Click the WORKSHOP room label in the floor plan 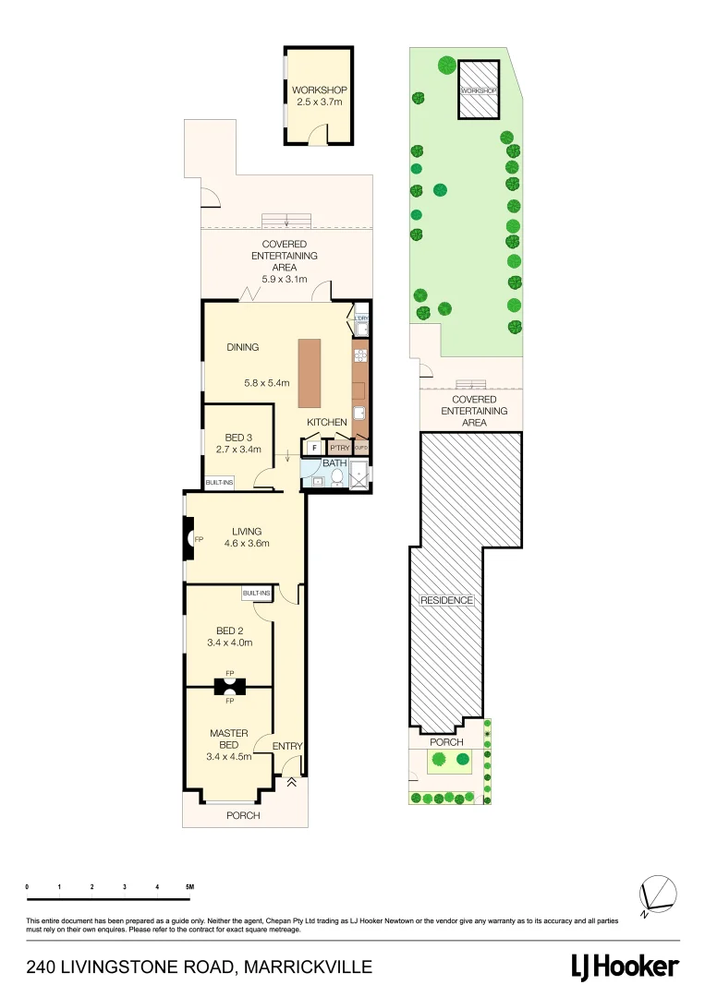pyautogui.click(x=319, y=90)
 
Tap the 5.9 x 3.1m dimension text pyautogui.click(x=289, y=278)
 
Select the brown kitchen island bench pyautogui.click(x=310, y=373)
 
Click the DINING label pyautogui.click(x=243, y=347)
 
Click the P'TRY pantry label pyautogui.click(x=339, y=448)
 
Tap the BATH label pyautogui.click(x=334, y=463)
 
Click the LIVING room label pyautogui.click(x=247, y=531)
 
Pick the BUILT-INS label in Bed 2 pyautogui.click(x=256, y=593)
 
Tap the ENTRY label pyautogui.click(x=286, y=746)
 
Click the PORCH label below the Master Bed pyautogui.click(x=244, y=815)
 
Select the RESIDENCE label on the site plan pyautogui.click(x=446, y=600)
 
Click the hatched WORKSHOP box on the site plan pyautogui.click(x=479, y=90)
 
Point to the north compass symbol pyautogui.click(x=657, y=895)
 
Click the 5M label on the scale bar pyautogui.click(x=189, y=886)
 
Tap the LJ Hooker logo pyautogui.click(x=624, y=967)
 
